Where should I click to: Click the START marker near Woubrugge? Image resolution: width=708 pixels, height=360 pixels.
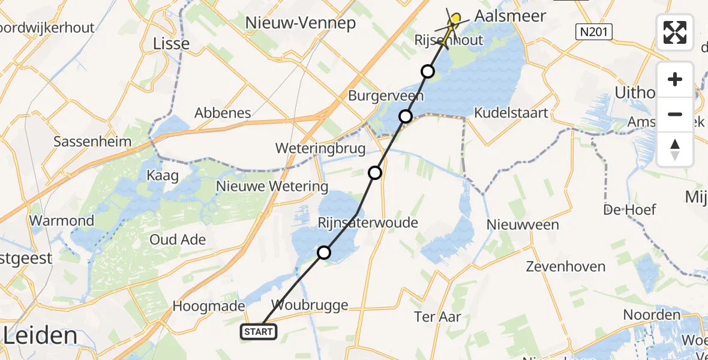point(259,331)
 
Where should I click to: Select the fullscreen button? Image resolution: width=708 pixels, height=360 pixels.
point(675,32)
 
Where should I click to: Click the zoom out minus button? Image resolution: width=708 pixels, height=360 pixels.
point(675,114)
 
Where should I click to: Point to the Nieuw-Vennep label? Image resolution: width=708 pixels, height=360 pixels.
point(301,23)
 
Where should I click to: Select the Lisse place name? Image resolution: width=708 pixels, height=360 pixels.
point(172,43)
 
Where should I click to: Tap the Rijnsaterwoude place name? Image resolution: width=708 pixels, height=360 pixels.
point(368,223)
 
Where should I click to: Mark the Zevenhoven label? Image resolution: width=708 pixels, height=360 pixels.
point(563,266)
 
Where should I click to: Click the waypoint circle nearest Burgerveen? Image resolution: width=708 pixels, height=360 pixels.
point(406,116)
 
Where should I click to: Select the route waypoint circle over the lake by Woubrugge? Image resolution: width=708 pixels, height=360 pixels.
point(324,253)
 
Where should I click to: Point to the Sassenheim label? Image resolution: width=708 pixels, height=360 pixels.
point(92,142)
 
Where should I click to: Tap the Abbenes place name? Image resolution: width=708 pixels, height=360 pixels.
point(223,113)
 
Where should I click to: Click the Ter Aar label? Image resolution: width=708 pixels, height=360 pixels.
point(437,316)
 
